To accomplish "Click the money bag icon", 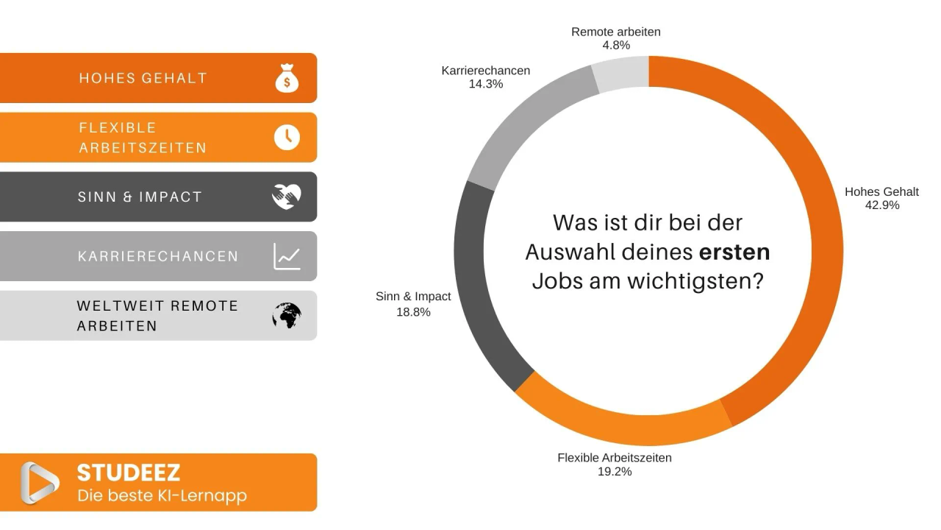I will [x=287, y=78].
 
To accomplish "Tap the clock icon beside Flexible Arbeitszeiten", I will [x=287, y=137].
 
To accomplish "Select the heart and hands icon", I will [x=287, y=197].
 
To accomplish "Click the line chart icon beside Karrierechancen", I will [x=287, y=256].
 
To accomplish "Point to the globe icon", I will [x=287, y=316].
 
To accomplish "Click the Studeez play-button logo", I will [x=40, y=483].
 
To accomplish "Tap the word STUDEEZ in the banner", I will [x=129, y=473].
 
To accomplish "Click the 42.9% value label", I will [x=882, y=205].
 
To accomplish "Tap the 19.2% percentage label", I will [x=615, y=472].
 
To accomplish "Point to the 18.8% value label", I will [x=413, y=312].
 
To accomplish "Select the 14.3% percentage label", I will [x=486, y=85].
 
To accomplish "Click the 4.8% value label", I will [x=616, y=46].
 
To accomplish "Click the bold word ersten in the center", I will [x=734, y=252].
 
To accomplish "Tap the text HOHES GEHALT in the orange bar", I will [x=143, y=78].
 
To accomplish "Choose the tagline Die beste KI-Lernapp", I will [x=162, y=495].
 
